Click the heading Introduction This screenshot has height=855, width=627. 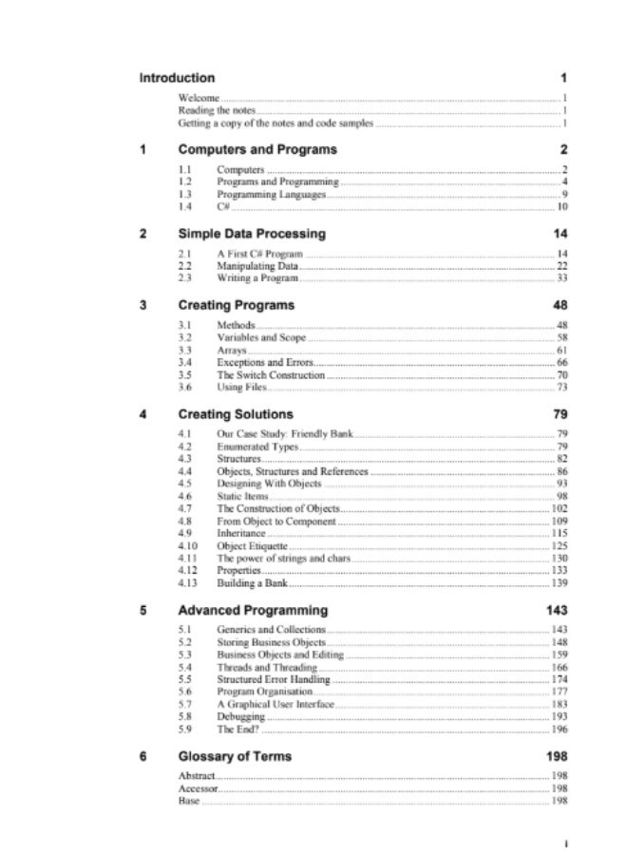click(x=177, y=78)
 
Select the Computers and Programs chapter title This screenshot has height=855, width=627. click(x=256, y=150)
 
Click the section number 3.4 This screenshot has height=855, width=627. click(x=185, y=363)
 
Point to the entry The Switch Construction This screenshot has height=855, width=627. click(x=271, y=375)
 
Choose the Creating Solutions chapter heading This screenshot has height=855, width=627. click(x=236, y=414)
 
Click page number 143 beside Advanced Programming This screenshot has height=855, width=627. click(x=557, y=610)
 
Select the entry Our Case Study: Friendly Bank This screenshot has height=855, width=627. click(x=285, y=434)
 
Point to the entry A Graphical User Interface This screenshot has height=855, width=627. click(x=276, y=705)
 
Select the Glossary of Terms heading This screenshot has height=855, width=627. click(x=235, y=756)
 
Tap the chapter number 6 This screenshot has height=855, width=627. click(x=143, y=756)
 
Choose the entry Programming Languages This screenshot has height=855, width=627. click(x=271, y=194)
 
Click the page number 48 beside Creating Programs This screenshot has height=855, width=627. click(x=560, y=306)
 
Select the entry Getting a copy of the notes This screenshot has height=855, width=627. click(x=275, y=123)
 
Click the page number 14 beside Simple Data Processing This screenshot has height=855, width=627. click(x=560, y=234)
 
